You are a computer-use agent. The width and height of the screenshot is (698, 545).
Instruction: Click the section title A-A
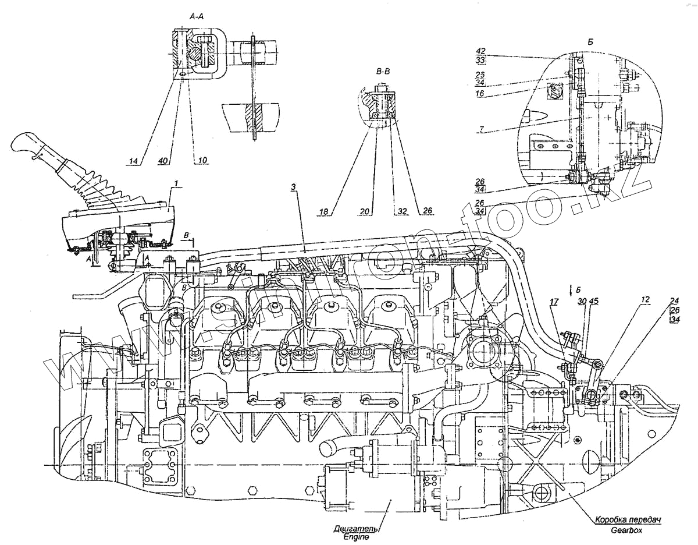click(x=195, y=18)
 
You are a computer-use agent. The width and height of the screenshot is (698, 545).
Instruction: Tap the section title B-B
click(x=383, y=72)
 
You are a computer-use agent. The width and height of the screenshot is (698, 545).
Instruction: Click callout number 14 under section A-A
click(x=135, y=160)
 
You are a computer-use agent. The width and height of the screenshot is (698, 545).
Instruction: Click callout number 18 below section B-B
click(x=324, y=211)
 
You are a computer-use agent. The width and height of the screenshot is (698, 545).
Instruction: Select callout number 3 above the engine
click(x=294, y=187)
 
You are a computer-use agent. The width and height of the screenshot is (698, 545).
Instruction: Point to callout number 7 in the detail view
click(x=482, y=129)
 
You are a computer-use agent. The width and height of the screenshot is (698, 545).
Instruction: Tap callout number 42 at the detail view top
click(x=480, y=51)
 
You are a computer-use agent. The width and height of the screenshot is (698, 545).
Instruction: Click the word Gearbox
click(x=625, y=531)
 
